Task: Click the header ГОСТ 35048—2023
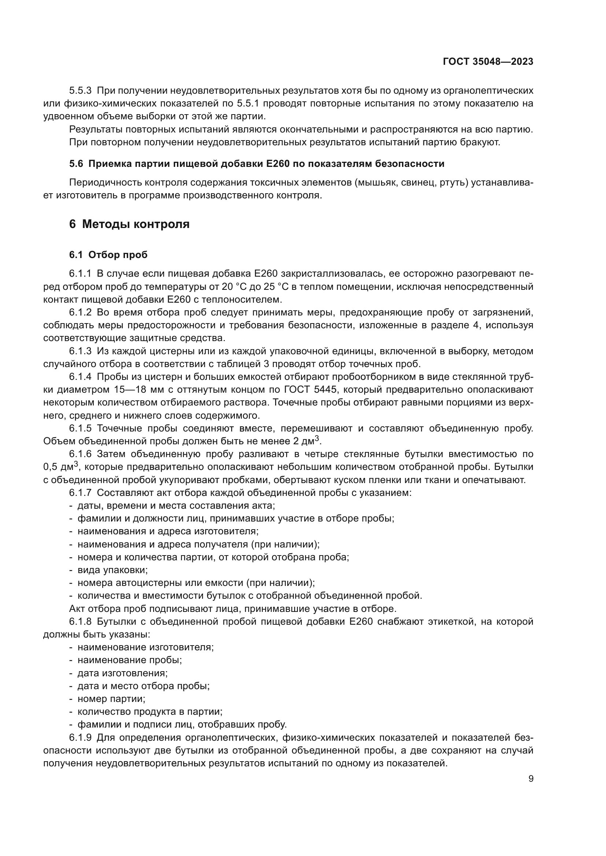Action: point(488,62)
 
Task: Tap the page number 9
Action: point(531,779)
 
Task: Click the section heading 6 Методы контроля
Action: point(129,224)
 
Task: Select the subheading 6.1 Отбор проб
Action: point(108,255)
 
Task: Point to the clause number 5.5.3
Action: point(80,91)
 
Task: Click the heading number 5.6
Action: point(76,164)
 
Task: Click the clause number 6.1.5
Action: point(80,429)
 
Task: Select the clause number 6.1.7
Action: point(80,493)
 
